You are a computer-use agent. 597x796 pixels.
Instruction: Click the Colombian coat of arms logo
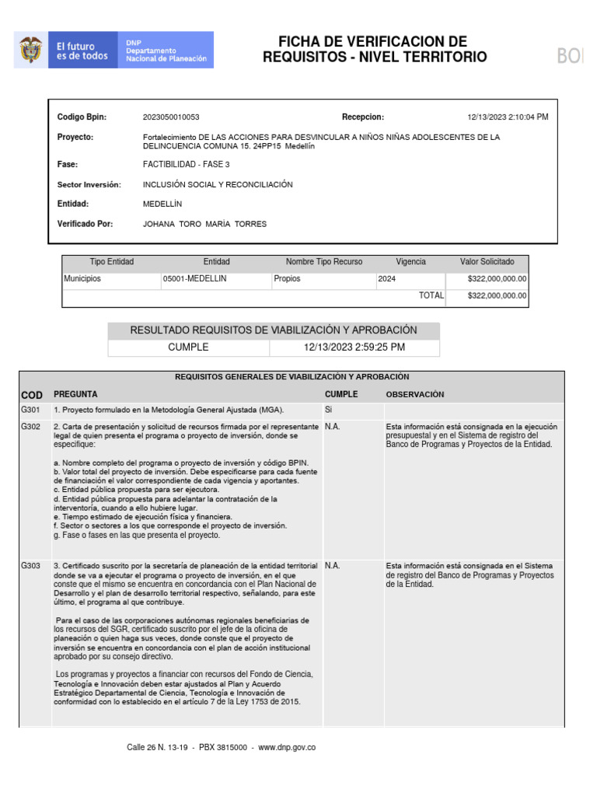(30, 51)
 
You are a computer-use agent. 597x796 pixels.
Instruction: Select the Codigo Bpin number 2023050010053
(171, 117)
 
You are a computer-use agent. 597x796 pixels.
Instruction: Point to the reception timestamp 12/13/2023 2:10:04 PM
(508, 117)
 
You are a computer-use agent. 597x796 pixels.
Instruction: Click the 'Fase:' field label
(68, 165)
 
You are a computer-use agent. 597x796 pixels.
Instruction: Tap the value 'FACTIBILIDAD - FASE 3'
(186, 165)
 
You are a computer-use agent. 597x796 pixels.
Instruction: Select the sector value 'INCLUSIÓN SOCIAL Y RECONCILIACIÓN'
(218, 185)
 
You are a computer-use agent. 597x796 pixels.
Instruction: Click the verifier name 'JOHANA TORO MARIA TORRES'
(204, 224)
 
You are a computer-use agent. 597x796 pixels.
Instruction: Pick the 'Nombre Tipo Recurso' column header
(324, 262)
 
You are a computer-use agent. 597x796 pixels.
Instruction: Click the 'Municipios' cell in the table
(82, 278)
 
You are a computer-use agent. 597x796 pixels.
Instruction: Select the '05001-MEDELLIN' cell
(194, 278)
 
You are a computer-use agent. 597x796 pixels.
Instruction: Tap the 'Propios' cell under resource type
(287, 278)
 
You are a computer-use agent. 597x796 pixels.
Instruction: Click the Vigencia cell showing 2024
(387, 278)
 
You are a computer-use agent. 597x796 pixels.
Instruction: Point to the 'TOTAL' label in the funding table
(431, 295)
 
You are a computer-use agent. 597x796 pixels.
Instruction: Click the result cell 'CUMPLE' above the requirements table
(189, 347)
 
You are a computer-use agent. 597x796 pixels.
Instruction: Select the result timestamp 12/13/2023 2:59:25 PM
(354, 347)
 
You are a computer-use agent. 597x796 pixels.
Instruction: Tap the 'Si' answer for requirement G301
(328, 410)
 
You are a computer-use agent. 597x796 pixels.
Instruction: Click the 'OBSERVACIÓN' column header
(415, 394)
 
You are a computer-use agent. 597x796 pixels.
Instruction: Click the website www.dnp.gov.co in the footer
(287, 747)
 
